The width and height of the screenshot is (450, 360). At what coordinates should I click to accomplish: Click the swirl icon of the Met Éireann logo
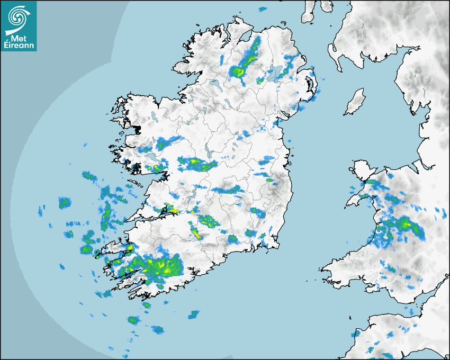tap(17, 17)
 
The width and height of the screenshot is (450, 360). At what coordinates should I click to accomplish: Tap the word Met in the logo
tap(17, 38)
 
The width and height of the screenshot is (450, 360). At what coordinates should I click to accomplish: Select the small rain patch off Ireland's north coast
tap(262, 9)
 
